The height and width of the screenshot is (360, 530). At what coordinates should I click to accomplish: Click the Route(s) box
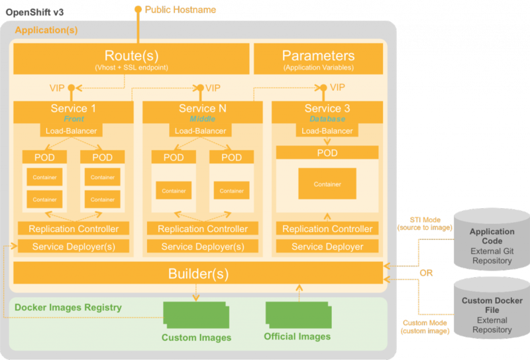click(131, 59)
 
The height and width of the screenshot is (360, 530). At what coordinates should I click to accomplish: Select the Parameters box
click(318, 59)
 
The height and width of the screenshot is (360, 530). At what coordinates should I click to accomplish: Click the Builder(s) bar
click(198, 273)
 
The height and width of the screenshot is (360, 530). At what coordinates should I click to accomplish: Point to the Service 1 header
click(74, 111)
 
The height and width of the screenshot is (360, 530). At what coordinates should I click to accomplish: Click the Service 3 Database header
click(327, 111)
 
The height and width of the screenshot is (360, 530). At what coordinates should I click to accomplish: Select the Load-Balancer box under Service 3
click(327, 131)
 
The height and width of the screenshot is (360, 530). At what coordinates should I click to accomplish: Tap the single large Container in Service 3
click(327, 184)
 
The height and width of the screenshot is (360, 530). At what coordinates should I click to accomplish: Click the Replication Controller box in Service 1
click(74, 229)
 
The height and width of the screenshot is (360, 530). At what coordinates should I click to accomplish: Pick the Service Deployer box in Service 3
click(327, 247)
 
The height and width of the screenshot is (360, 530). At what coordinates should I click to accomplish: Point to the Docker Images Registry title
click(68, 307)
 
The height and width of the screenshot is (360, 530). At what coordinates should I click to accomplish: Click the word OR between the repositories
click(426, 272)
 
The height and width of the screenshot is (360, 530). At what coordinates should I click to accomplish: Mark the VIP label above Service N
click(213, 88)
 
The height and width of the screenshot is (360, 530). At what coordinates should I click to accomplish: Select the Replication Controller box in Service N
click(203, 229)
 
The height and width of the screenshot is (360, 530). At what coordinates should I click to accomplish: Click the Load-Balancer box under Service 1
click(71, 131)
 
